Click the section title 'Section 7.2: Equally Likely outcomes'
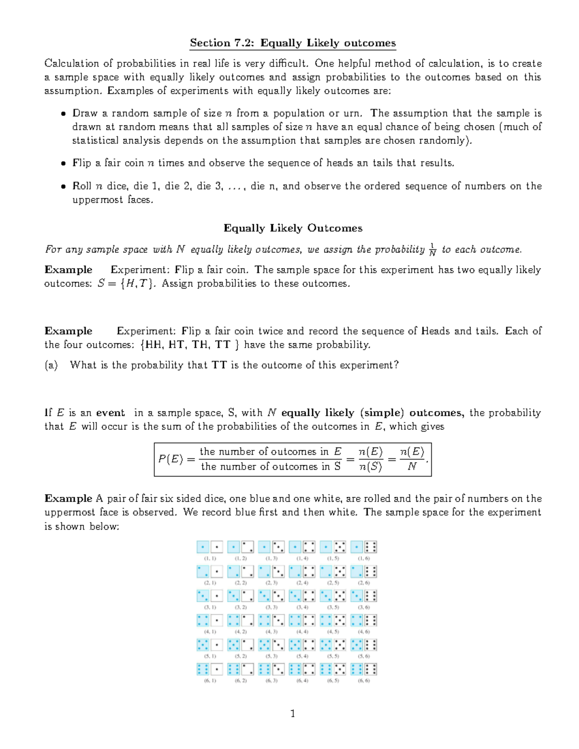pyautogui.click(x=292, y=43)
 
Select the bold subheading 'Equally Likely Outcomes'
pyautogui.click(x=292, y=228)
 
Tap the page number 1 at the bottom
pyautogui.click(x=292, y=713)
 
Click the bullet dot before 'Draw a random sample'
pyautogui.click(x=63, y=114)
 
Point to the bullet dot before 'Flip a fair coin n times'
pyautogui.click(x=63, y=163)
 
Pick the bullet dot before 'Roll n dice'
pyautogui.click(x=63, y=187)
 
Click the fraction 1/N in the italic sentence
pyautogui.click(x=432, y=249)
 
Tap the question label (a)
pyautogui.click(x=51, y=365)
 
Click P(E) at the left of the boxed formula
pyautogui.click(x=170, y=459)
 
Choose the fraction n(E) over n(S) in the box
pyautogui.click(x=370, y=459)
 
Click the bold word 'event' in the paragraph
pyautogui.click(x=110, y=413)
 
